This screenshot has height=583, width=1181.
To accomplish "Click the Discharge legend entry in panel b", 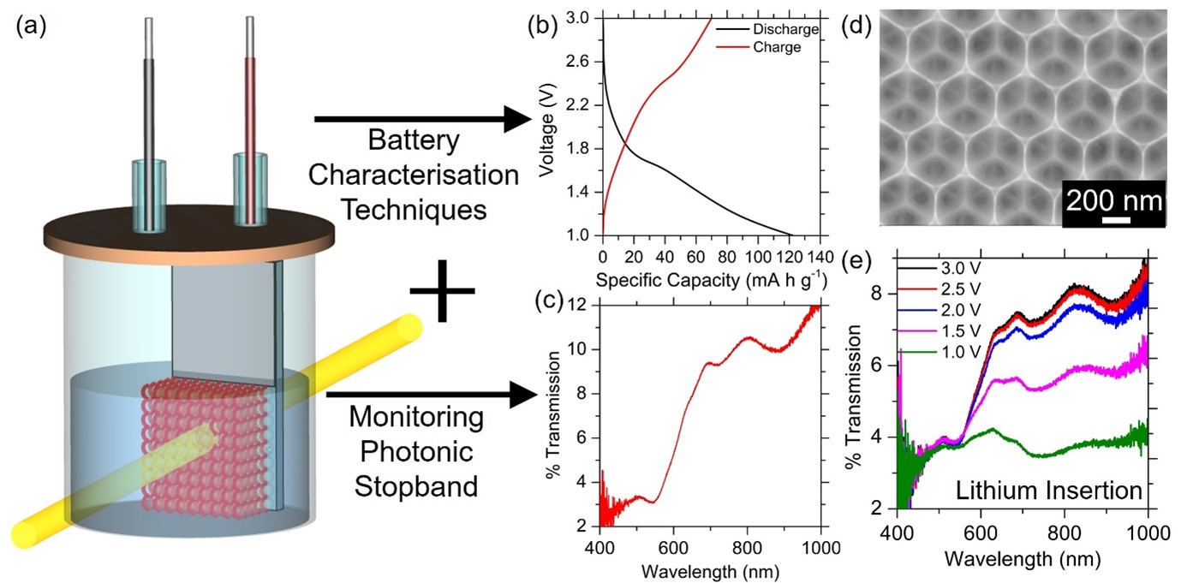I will [786, 29].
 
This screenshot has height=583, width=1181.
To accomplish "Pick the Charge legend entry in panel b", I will [777, 47].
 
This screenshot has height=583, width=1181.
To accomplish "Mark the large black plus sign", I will [442, 291].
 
